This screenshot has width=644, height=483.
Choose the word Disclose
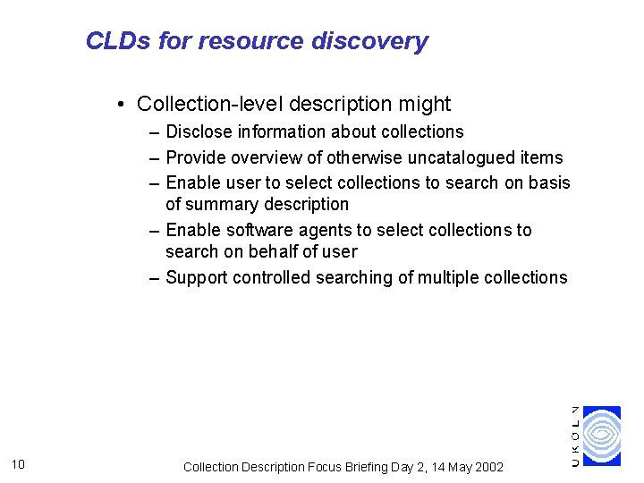pyautogui.click(x=199, y=131)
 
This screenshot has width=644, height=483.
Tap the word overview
pyautogui.click(x=264, y=157)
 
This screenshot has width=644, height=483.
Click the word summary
pyautogui.click(x=224, y=204)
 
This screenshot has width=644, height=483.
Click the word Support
pyautogui.click(x=197, y=277)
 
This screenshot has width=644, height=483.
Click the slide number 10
pyautogui.click(x=20, y=463)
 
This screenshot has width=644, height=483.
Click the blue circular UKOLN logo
pyautogui.click(x=601, y=436)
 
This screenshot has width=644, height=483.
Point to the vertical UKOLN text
pyautogui.click(x=575, y=436)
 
